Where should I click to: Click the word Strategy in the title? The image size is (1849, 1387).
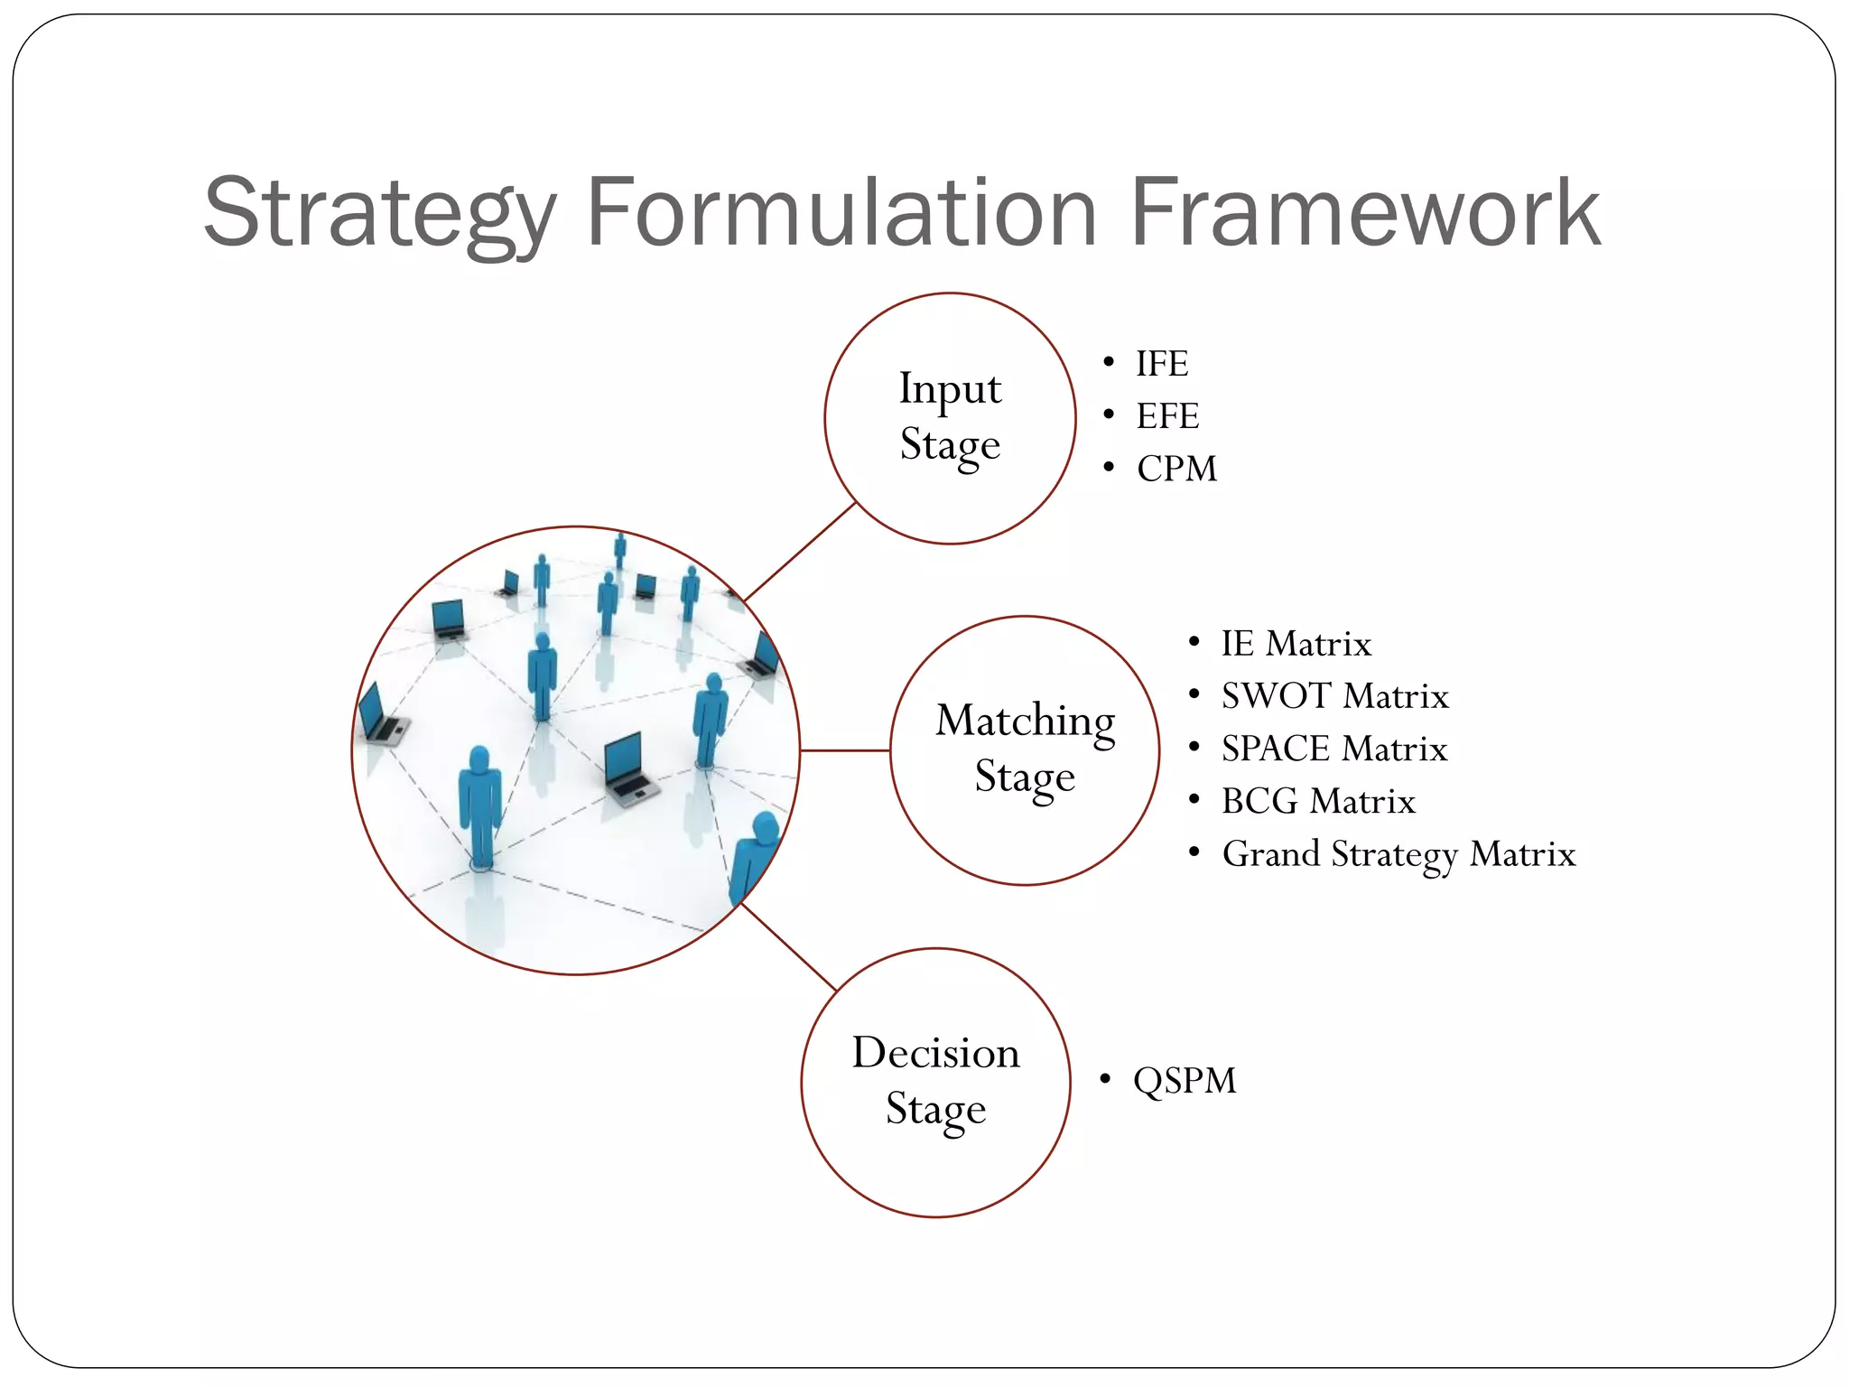380,213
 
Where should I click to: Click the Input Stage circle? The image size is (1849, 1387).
950,418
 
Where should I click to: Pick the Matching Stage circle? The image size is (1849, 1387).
1025,749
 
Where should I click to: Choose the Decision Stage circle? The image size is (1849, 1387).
936,1082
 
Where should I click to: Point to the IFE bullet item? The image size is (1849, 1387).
1162,364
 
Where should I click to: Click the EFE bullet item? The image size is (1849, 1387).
1167,416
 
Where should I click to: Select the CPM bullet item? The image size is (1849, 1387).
1176,469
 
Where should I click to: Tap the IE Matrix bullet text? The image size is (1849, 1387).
1296,644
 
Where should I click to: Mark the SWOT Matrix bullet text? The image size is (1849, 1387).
1334,696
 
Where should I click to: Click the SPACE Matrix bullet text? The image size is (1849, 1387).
1333,749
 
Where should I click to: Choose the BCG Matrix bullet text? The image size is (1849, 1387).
1318,801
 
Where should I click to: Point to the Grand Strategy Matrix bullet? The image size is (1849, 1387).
1398,854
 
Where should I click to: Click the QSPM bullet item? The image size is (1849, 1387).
1185,1080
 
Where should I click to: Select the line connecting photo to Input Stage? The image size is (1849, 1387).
799,552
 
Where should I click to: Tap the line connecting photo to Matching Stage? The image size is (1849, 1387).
845,750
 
